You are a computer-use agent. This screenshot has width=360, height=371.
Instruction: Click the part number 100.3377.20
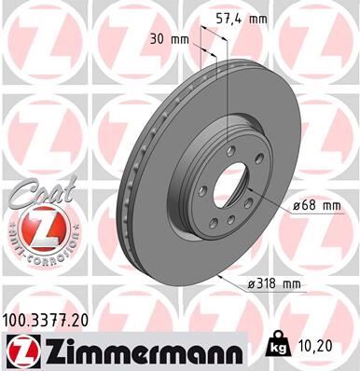click(52, 321)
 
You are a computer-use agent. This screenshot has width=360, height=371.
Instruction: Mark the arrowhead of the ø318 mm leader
click(215, 276)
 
